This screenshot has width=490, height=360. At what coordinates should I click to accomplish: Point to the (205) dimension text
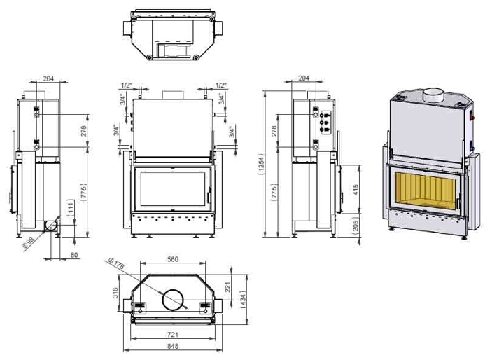tap(356, 225)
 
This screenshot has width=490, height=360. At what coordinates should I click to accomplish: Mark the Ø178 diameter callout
tap(116, 265)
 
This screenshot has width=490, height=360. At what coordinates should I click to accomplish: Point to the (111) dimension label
tap(71, 209)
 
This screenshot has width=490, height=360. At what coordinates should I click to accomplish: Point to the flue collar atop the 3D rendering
tap(433, 93)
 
